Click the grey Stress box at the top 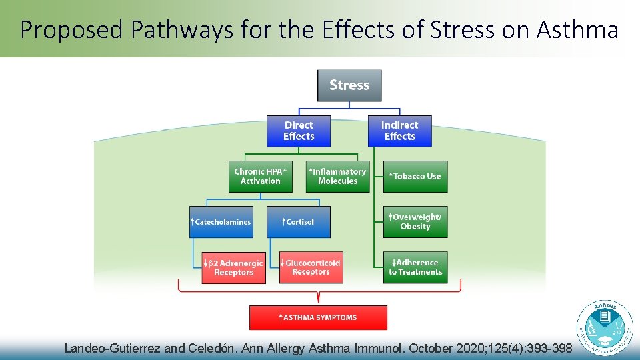click(349, 85)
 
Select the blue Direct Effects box click(299, 131)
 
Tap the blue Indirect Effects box click(399, 131)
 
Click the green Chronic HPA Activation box click(260, 177)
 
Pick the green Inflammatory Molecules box click(337, 177)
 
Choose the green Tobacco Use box click(415, 177)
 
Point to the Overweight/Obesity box click(415, 222)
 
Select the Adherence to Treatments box click(415, 267)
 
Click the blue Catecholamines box click(221, 222)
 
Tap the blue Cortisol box click(299, 222)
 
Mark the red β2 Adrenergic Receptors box click(233, 267)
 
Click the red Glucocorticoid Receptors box click(311, 267)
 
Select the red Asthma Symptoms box click(318, 317)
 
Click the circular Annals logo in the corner click(605, 328)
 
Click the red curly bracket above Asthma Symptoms click(319, 291)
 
